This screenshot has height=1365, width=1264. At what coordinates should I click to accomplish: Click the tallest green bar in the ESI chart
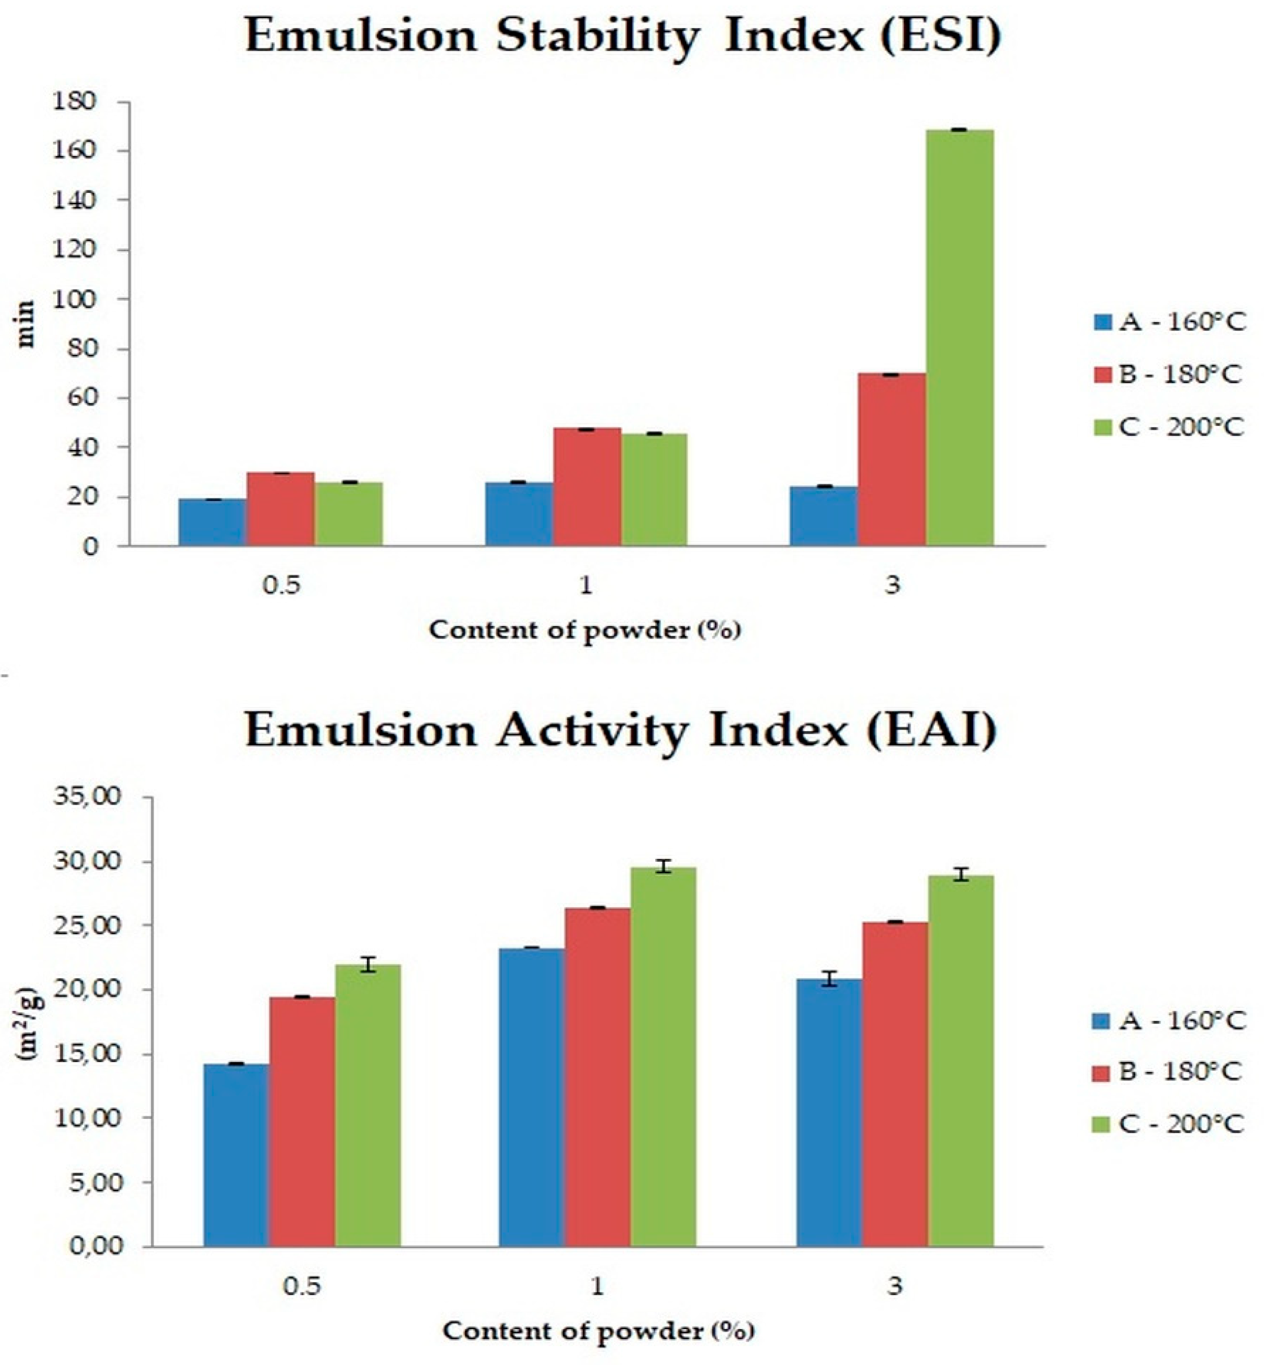[959, 337]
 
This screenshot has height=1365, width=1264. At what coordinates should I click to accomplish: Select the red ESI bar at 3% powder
[891, 459]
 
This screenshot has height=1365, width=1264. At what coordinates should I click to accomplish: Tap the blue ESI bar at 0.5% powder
[213, 522]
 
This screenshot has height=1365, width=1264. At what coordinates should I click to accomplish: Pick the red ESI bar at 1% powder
[587, 486]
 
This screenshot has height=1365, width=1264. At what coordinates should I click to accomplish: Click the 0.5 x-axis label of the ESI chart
[281, 586]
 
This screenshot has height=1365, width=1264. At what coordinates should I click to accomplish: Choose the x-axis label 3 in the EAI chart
[894, 1286]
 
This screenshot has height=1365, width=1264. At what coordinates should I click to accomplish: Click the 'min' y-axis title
[26, 324]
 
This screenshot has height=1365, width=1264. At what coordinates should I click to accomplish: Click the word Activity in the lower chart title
[592, 732]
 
